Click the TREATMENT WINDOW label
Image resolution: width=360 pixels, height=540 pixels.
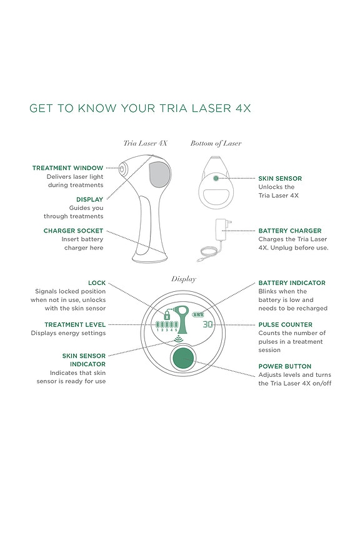[x=67, y=168]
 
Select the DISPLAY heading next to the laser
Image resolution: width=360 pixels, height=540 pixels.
[x=89, y=199]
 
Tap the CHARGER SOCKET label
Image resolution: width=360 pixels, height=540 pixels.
[x=73, y=231]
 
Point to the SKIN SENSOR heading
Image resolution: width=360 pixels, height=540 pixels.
[x=280, y=178]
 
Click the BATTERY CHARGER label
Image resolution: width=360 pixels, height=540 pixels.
[x=290, y=231]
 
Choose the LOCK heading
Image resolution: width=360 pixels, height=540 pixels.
[x=97, y=282]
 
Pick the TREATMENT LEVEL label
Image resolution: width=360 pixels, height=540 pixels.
[x=75, y=324]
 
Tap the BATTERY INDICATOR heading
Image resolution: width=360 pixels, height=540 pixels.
[x=292, y=282]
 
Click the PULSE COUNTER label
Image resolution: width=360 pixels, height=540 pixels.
[x=285, y=324]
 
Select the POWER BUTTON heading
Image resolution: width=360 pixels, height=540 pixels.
[x=284, y=366]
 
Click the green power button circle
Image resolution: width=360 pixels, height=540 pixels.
[x=183, y=359]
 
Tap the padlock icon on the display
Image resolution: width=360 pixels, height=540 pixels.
[x=167, y=315]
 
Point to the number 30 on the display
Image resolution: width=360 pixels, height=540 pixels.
[x=207, y=324]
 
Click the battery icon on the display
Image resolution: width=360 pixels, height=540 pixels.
[x=197, y=314]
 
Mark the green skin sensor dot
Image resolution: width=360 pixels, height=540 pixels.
[x=216, y=178]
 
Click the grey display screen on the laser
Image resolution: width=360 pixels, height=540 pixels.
[x=160, y=174]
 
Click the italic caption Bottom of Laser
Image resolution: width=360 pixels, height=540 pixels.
[x=216, y=143]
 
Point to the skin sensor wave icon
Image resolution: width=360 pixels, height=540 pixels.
[x=179, y=339]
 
